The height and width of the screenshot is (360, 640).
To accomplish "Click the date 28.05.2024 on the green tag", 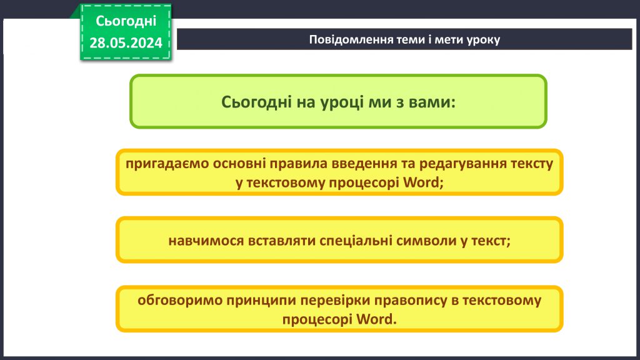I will [x=126, y=42].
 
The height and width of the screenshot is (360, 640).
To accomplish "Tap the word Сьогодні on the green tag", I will [x=126, y=21].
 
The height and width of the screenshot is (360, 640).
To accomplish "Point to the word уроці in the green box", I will [x=337, y=102].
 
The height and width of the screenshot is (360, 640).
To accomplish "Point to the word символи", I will [x=427, y=241].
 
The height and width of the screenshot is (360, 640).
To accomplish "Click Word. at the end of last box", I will [x=376, y=318].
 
